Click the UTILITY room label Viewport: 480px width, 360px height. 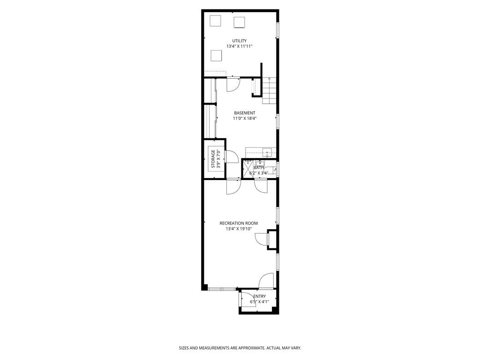240,41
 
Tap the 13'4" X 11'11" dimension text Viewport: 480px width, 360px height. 240,46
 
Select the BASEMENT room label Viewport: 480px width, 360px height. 245,113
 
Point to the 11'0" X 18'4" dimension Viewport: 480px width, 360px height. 245,119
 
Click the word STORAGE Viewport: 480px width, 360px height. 213,159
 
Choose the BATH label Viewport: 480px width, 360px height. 259,167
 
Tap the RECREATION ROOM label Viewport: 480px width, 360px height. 239,223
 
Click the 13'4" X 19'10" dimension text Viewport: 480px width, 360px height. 239,229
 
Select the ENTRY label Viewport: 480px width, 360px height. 259,296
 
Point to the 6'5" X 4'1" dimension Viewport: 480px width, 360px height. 259,302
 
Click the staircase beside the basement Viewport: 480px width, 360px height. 269,91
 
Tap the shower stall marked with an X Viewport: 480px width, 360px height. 247,169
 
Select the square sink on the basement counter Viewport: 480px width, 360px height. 267,152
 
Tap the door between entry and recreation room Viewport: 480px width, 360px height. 266,281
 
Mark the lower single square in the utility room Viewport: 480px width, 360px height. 216,56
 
